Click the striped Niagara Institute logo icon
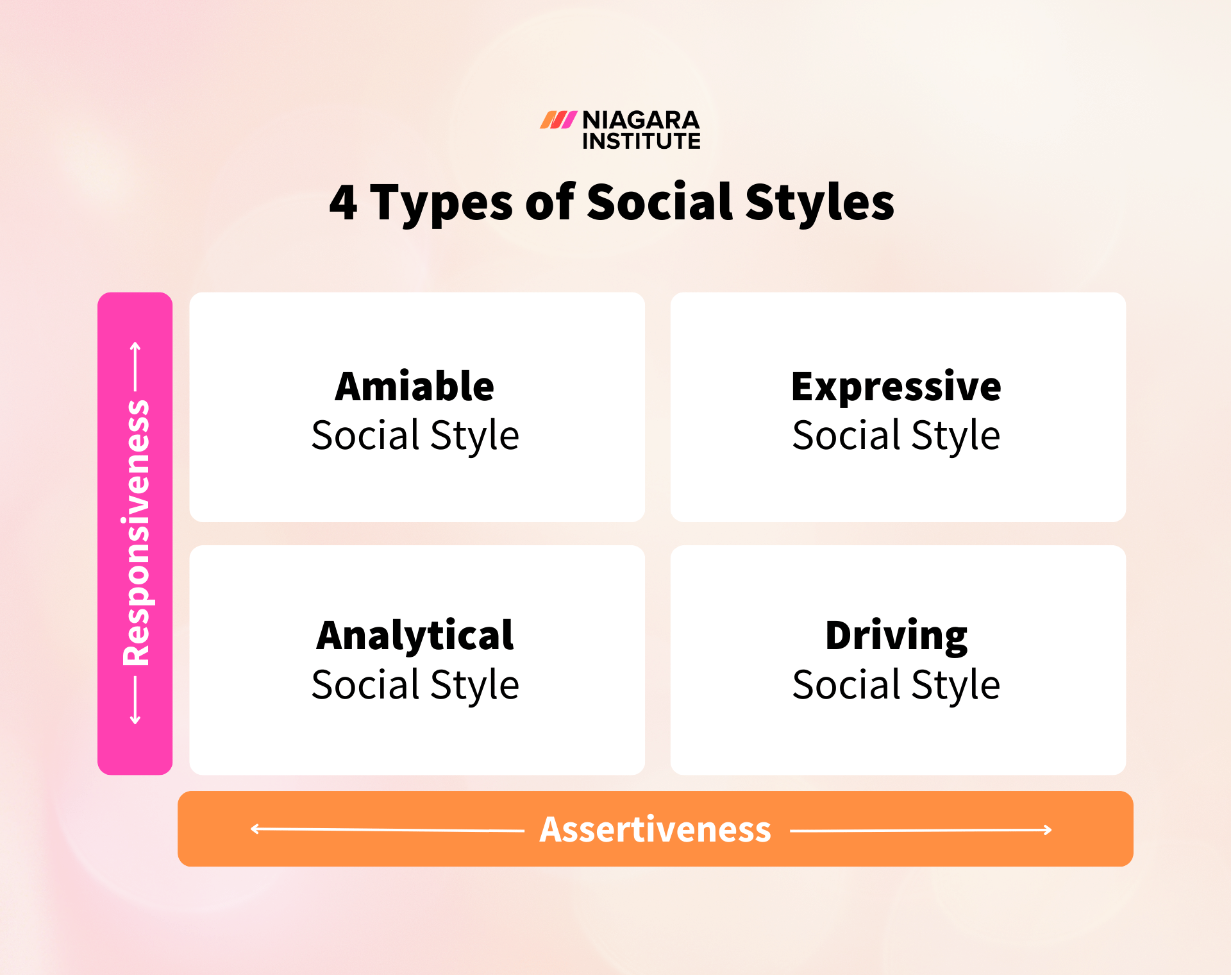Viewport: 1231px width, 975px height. [x=558, y=120]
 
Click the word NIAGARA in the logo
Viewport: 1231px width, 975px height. [x=641, y=120]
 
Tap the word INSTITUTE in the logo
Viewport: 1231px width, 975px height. [x=641, y=141]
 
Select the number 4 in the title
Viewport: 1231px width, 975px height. [x=343, y=203]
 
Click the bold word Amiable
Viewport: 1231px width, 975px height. [x=415, y=387]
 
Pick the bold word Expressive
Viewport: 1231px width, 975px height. [x=896, y=387]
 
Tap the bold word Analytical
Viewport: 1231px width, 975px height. [x=415, y=636]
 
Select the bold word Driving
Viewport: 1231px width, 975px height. [x=896, y=636]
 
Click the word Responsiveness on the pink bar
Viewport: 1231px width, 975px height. [x=136, y=532]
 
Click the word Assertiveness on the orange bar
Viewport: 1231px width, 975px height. [x=655, y=829]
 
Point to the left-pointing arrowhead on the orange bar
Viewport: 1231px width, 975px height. [x=254, y=829]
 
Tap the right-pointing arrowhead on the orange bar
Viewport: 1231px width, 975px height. [x=1048, y=830]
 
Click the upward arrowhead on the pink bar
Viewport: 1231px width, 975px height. [x=135, y=347]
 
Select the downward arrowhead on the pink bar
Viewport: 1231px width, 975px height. [x=135, y=720]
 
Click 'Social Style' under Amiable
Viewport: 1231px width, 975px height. [x=415, y=436]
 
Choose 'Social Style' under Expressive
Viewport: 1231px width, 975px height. [x=896, y=436]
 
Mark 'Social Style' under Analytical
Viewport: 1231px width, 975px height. [x=415, y=685]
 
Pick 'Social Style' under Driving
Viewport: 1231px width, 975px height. [x=896, y=685]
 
